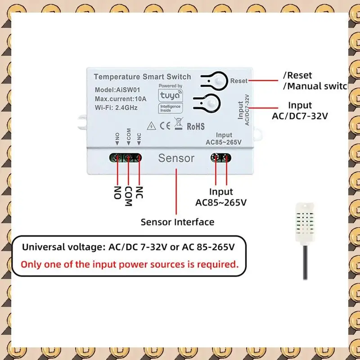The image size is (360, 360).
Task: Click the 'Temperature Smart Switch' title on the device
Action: click(142, 77)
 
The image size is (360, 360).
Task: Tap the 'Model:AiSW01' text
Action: click(115, 90)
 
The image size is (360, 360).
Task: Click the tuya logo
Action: click(170, 96)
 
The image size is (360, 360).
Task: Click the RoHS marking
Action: click(195, 126)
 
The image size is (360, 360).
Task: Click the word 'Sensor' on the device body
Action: click(176, 158)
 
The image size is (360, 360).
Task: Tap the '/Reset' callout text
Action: click(297, 75)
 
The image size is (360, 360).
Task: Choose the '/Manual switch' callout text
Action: click(315, 86)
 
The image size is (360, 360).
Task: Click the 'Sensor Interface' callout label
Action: click(177, 222)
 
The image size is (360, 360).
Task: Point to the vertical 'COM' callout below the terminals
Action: click(128, 196)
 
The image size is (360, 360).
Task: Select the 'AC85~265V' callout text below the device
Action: click(221, 202)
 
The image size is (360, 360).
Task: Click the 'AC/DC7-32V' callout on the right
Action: click(300, 116)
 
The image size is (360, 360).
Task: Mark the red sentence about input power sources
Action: click(130, 264)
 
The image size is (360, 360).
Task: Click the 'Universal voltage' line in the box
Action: click(128, 247)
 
